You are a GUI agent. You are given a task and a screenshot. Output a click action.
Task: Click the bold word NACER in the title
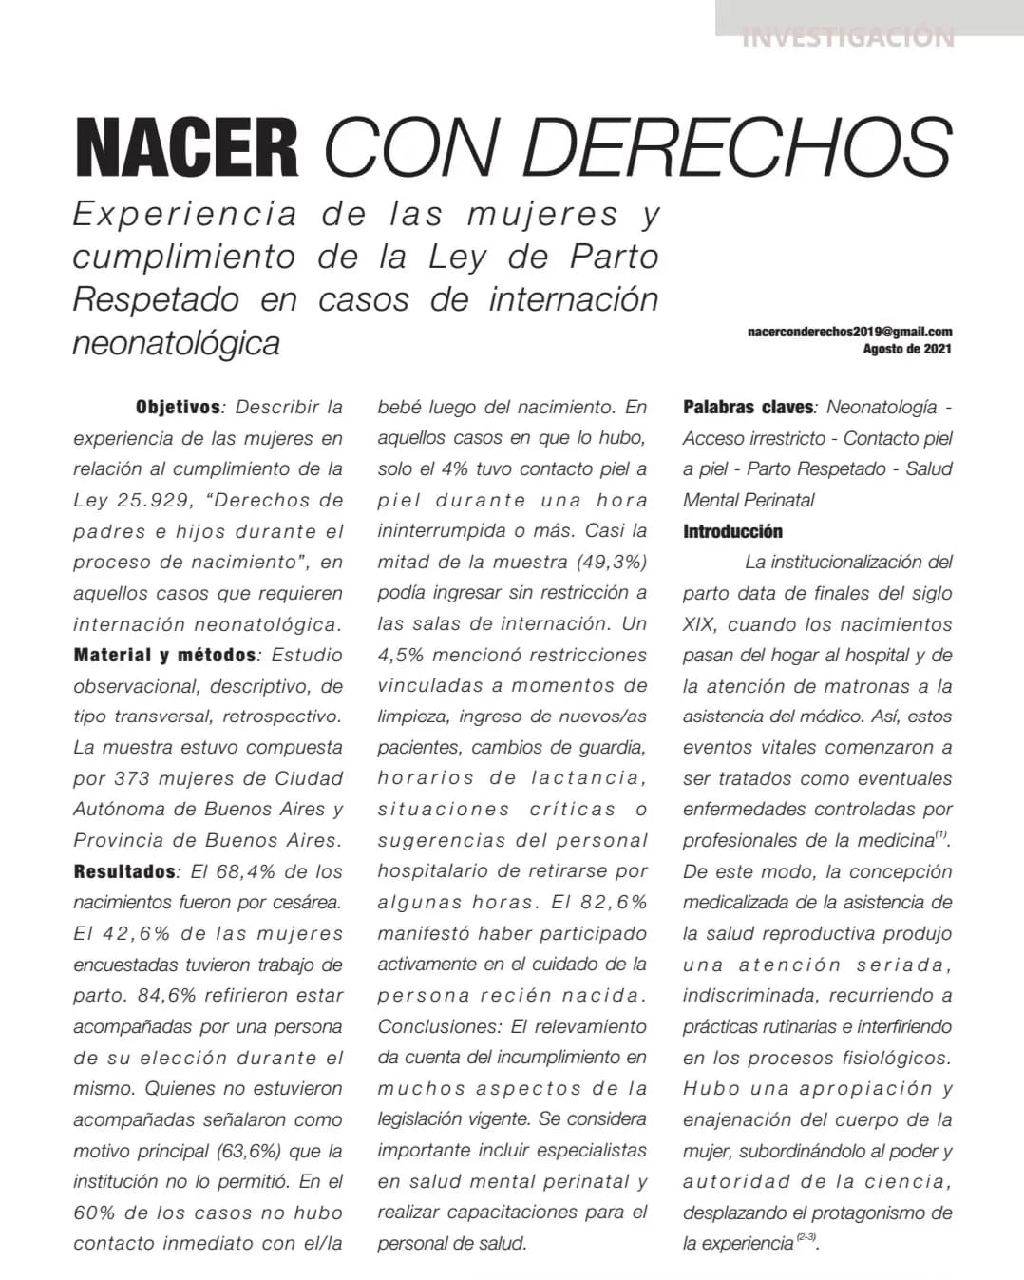[x=186, y=148]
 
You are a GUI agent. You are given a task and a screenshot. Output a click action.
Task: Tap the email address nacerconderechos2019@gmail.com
[x=849, y=332]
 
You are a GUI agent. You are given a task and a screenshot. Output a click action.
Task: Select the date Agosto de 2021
[x=906, y=349]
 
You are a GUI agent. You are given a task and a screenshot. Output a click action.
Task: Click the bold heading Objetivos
[x=178, y=407]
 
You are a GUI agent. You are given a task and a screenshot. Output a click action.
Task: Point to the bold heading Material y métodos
[x=164, y=655]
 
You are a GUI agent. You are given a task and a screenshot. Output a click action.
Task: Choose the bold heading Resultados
[x=124, y=871]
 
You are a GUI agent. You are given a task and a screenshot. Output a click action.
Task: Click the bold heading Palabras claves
[x=748, y=407]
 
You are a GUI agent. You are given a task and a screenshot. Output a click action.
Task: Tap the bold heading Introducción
[x=732, y=531]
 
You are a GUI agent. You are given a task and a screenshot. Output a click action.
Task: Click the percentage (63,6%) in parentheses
[x=249, y=1151]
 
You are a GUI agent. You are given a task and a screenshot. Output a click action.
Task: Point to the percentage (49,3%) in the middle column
[x=612, y=562]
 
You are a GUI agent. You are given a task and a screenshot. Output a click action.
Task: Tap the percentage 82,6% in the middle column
[x=613, y=902]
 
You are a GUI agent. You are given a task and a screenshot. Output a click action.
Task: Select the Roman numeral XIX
[x=699, y=624]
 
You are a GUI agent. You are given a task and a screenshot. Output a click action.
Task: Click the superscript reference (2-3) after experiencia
[x=806, y=1237]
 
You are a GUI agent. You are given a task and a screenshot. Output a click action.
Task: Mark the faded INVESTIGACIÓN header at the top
[x=847, y=38]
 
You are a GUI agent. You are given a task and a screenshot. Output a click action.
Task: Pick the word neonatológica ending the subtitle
[x=177, y=342]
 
